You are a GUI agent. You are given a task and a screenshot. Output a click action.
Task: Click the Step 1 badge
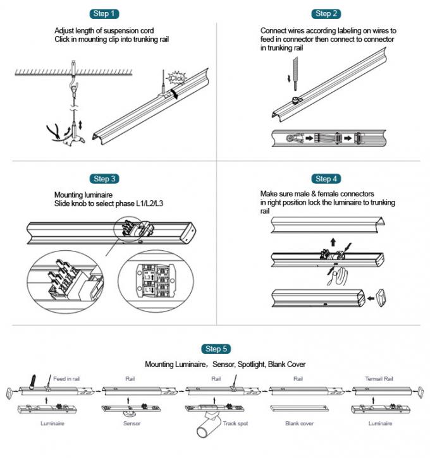coord(105,13)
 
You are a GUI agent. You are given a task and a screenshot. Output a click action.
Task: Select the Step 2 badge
coord(323,13)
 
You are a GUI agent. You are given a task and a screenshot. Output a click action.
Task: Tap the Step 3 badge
coord(105,179)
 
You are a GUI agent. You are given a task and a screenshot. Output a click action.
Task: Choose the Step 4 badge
coord(323,179)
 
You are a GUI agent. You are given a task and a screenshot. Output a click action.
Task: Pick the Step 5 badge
coord(214,349)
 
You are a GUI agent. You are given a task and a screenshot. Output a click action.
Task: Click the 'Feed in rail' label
coord(66,379)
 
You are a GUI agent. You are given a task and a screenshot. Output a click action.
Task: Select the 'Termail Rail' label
coord(379,379)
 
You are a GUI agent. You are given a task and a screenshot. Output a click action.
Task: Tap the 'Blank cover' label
coord(300,423)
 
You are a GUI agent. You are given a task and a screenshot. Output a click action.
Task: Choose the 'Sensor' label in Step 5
coord(132,423)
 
